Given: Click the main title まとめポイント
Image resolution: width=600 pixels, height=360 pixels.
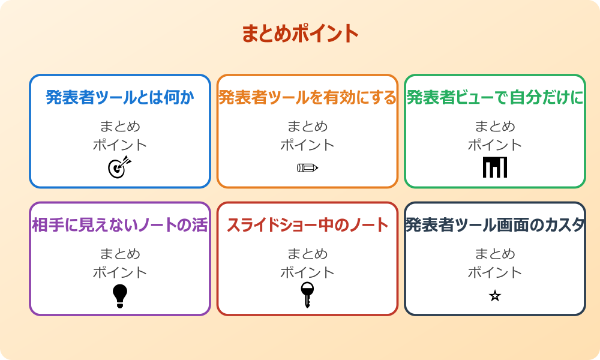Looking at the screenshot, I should [300, 34].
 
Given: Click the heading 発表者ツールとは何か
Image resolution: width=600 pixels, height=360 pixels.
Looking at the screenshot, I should [120, 97].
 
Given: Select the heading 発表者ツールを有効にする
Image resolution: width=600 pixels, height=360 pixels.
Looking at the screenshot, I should [307, 97].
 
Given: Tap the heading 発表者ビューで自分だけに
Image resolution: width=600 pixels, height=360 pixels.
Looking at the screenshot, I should [495, 97].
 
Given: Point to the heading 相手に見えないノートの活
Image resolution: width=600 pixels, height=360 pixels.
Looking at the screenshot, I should [120, 225].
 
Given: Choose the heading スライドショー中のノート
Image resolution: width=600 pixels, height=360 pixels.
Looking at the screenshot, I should [307, 225].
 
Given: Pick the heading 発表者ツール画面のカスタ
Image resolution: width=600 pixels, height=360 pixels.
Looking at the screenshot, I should [495, 225].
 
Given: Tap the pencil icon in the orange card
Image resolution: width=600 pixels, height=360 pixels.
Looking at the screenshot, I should [307, 167].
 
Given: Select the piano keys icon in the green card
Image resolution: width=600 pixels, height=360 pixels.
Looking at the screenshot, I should [495, 167].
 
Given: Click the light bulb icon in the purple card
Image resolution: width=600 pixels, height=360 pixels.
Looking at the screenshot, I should [120, 296].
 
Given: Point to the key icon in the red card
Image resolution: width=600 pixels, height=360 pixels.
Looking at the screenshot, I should [307, 295].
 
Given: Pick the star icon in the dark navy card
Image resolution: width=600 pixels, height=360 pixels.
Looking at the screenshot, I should [495, 296].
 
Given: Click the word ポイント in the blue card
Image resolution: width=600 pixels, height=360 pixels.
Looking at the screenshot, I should [120, 145].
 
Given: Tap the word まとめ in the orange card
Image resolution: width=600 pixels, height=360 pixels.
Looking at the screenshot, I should [307, 126].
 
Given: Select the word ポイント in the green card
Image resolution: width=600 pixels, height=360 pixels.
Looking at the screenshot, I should [495, 145].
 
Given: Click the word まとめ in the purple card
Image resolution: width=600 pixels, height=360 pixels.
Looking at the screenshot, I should [120, 254].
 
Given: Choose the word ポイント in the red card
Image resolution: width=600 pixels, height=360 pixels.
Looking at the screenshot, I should [307, 272].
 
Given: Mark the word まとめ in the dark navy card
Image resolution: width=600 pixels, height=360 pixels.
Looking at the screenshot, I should [495, 254].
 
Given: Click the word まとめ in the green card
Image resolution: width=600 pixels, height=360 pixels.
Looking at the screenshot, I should [495, 126].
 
